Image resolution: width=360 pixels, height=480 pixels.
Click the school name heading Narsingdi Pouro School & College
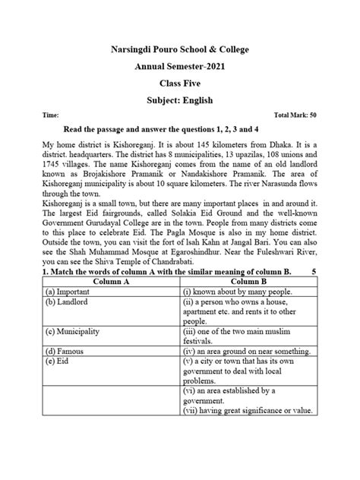point(179,50)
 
